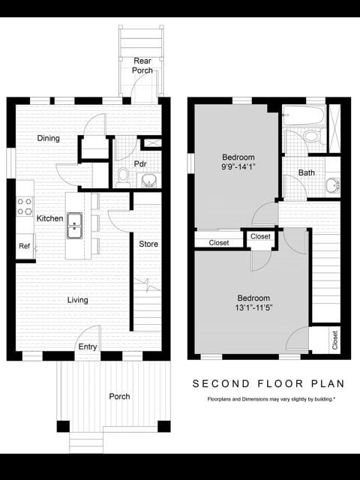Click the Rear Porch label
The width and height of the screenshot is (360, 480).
pos(142,65)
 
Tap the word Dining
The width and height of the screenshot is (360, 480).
pos(49,138)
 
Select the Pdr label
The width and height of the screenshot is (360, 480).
pos(139,164)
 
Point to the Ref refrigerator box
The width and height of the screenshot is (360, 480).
pos(25,246)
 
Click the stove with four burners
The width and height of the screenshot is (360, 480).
pos(25,206)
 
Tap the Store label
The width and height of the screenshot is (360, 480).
pos(148,244)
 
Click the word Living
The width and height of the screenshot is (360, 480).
pos(78,300)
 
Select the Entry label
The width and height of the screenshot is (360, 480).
pos(88,346)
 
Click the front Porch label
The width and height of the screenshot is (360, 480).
pos(119,397)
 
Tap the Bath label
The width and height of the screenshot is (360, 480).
pos(307,172)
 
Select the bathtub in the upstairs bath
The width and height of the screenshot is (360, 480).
pos(304,117)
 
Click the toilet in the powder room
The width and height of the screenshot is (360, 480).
pos(124,176)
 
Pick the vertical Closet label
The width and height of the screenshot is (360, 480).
pos(334,339)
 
